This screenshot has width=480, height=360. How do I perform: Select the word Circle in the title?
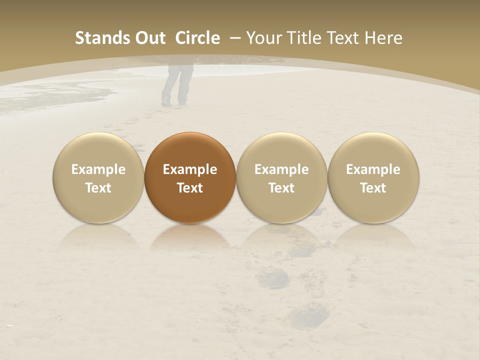(x=197, y=38)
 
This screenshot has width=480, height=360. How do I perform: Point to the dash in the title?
(x=235, y=38)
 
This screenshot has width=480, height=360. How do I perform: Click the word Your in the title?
(x=261, y=38)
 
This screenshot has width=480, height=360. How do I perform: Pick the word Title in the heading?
(x=299, y=38)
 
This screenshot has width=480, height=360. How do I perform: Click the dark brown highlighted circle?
(x=190, y=177)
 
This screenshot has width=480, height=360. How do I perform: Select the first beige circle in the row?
(x=98, y=177)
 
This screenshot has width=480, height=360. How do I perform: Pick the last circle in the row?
(x=373, y=177)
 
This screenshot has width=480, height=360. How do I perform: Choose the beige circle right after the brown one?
(x=281, y=177)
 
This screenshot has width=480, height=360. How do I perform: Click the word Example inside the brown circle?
(x=190, y=169)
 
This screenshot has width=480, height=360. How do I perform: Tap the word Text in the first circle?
(x=98, y=188)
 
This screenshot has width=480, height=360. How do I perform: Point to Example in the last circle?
(x=373, y=169)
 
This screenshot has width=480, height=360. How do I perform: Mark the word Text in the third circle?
(x=281, y=188)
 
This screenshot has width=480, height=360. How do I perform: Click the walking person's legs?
(x=176, y=85)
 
